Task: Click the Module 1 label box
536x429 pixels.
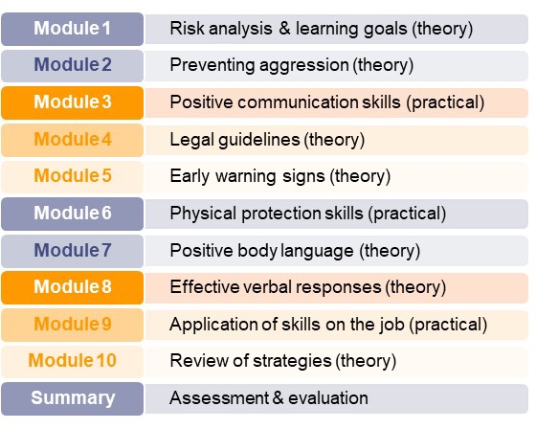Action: pyautogui.click(x=72, y=29)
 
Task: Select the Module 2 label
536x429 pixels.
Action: pyautogui.click(x=72, y=66)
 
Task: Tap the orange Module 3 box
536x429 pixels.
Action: pyautogui.click(x=72, y=103)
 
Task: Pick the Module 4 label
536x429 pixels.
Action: pyautogui.click(x=72, y=140)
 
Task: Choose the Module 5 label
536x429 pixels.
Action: pyautogui.click(x=72, y=177)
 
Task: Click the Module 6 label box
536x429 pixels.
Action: pyautogui.click(x=72, y=214)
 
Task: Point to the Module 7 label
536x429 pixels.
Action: pyautogui.click(x=72, y=251)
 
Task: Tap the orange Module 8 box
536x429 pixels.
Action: pyautogui.click(x=72, y=287)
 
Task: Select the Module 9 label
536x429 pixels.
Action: pyautogui.click(x=72, y=325)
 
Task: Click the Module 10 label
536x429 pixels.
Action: pyautogui.click(x=72, y=362)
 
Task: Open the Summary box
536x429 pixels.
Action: pyautogui.click(x=72, y=399)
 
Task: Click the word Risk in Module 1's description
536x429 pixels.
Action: pyautogui.click(x=187, y=28)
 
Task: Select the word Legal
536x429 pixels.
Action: pyautogui.click(x=191, y=140)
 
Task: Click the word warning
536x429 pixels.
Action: pyautogui.click(x=245, y=177)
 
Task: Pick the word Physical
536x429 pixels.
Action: pyautogui.click(x=203, y=214)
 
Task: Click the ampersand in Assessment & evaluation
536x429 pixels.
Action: pyautogui.click(x=278, y=397)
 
